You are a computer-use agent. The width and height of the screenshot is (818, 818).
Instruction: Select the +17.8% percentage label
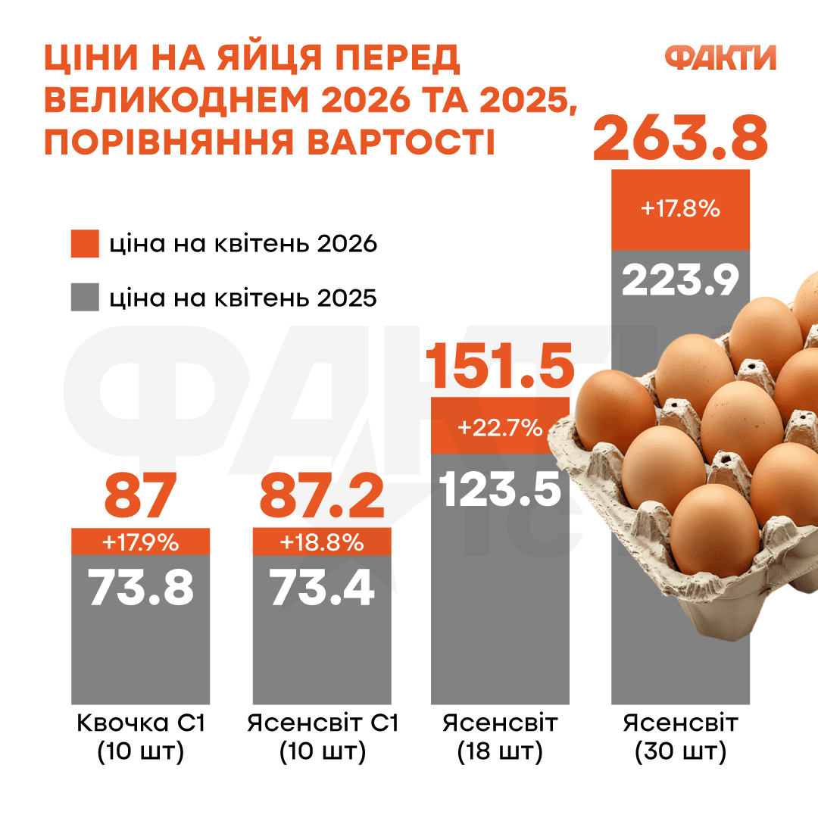click(680, 208)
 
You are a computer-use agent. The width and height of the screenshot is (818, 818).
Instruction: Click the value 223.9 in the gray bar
click(680, 281)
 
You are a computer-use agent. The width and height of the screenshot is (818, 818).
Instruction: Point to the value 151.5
click(499, 366)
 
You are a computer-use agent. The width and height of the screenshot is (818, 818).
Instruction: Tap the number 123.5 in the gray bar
click(500, 489)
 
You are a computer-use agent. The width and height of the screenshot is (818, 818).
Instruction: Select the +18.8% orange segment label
click(322, 542)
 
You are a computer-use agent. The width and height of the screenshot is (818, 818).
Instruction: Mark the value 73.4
click(322, 588)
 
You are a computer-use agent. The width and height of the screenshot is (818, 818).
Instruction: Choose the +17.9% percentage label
click(140, 542)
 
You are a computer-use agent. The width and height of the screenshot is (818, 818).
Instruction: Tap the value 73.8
click(141, 588)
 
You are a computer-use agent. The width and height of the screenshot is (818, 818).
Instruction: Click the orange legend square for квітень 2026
click(85, 245)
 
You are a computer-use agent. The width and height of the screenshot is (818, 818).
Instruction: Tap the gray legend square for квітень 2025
click(85, 298)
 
